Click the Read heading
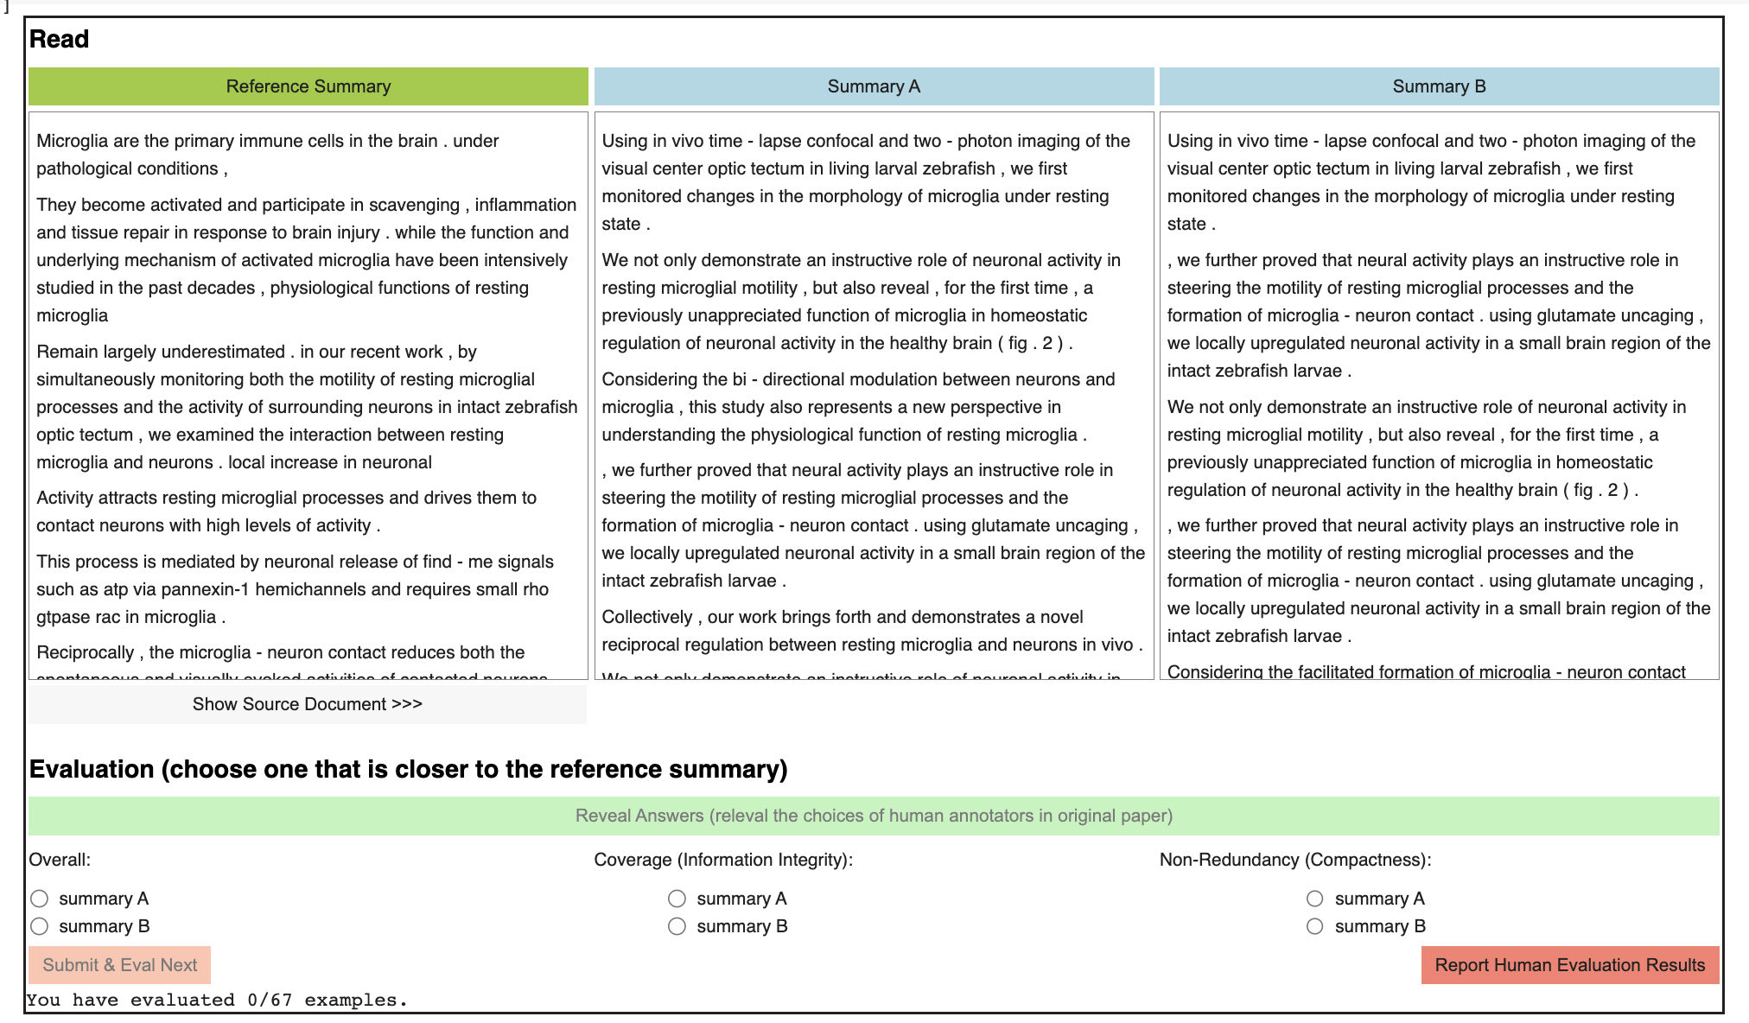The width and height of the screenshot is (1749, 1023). pos(59,39)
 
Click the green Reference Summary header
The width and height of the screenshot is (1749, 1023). pos(308,86)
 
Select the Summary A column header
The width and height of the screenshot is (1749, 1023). pos(874,86)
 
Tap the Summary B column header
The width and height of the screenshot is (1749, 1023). pos(1439,86)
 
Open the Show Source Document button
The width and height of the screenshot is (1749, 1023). pos(308,704)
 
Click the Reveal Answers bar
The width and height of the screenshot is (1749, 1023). pos(874,816)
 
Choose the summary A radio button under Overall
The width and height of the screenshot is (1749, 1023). pos(40,899)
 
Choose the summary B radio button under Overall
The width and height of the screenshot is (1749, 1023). pos(40,926)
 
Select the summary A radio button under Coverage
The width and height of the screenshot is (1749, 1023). pos(677,899)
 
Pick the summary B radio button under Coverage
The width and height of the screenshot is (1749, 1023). pos(677,926)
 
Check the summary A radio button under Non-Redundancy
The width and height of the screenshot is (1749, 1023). pos(1314,899)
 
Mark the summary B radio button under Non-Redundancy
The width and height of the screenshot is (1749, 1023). pos(1314,926)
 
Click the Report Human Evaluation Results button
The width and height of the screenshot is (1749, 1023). pos(1569,965)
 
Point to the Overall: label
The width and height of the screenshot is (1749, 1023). pos(60,860)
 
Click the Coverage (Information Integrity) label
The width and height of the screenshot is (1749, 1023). pos(723,860)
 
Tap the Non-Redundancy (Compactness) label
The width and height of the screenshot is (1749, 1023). pos(1295,860)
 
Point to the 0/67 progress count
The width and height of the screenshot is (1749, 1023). pos(270,1001)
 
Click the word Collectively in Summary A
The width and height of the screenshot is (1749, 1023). pos(647,617)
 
